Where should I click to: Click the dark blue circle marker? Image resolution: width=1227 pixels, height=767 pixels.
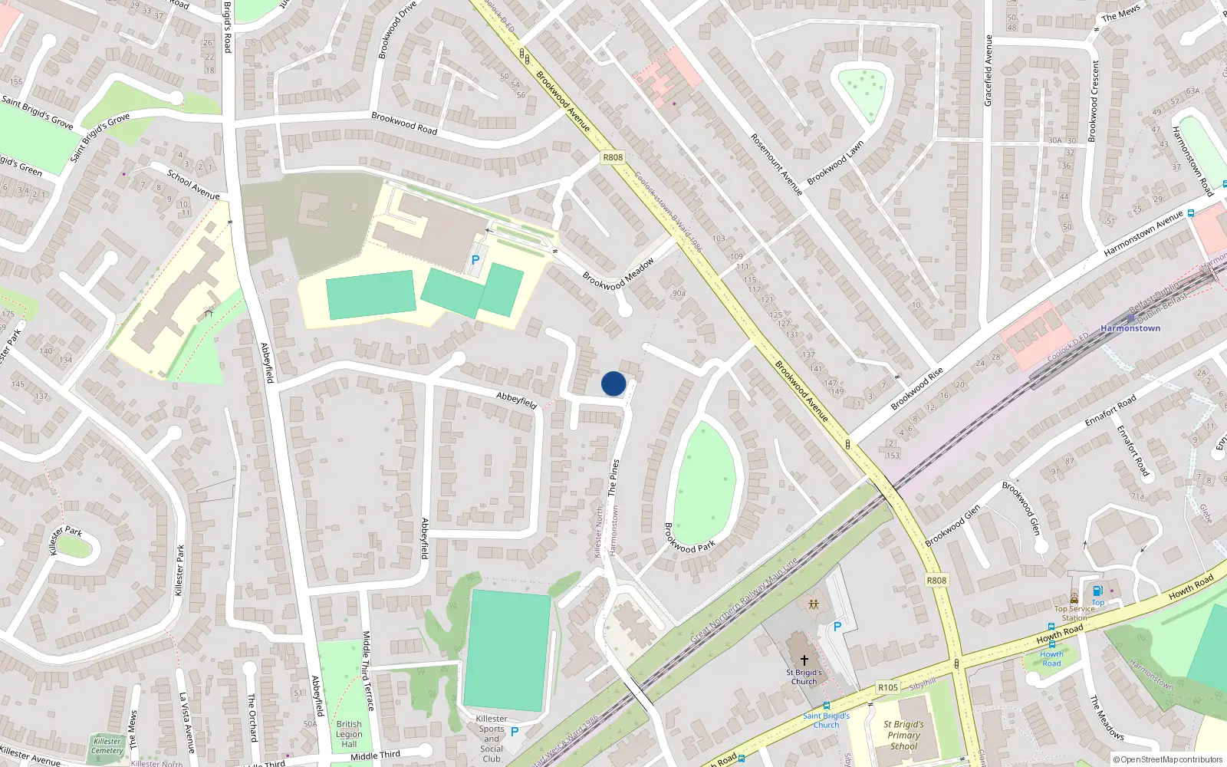pos(613,383)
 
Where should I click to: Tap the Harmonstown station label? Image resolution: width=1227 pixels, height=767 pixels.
pos(1130,328)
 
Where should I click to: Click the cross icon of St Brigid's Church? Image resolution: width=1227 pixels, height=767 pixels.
pos(804,660)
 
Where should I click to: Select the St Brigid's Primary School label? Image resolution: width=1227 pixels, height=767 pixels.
pos(903,735)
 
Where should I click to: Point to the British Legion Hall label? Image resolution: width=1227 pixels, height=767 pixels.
pos(349,734)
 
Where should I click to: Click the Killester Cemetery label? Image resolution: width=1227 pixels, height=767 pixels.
pos(107,746)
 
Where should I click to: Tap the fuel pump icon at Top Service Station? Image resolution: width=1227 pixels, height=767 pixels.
pos(1097,591)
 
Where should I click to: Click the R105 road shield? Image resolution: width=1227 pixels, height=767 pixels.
pos(888,687)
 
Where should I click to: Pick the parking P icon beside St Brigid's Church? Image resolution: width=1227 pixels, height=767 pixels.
pos(837,627)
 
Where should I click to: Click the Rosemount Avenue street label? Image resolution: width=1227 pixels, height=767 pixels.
pos(776,164)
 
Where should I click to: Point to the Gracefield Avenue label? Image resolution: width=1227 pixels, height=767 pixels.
pos(989,71)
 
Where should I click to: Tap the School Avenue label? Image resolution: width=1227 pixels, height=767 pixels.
pos(193,185)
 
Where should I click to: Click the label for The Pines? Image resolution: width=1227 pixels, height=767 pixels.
pos(613,478)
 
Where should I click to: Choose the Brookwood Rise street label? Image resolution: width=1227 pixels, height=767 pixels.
pos(916,389)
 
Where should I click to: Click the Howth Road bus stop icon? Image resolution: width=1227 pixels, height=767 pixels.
pos(1051,645)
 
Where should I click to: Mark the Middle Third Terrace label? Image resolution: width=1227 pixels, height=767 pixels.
pos(367,671)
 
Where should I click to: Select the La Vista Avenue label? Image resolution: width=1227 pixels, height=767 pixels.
pos(187,723)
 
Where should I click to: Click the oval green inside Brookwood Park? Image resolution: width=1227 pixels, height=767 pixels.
pos(704,483)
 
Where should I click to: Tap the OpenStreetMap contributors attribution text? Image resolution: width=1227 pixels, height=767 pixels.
pos(1168,759)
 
